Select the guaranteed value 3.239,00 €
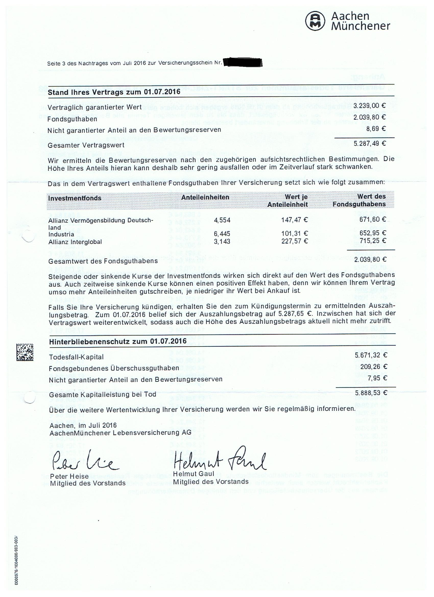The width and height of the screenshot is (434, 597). pos(369,106)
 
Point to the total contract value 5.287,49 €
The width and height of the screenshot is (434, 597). pos(369,144)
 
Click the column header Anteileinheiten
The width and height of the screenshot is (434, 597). pos(205,197)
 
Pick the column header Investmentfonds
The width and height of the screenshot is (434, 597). pos(75,198)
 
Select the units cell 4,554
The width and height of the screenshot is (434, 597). pos(222,220)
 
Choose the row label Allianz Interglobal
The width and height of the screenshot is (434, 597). pos(75,242)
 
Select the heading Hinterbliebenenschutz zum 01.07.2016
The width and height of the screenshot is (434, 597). pos(118,341)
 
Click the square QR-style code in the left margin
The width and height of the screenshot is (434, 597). pos(25,352)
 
